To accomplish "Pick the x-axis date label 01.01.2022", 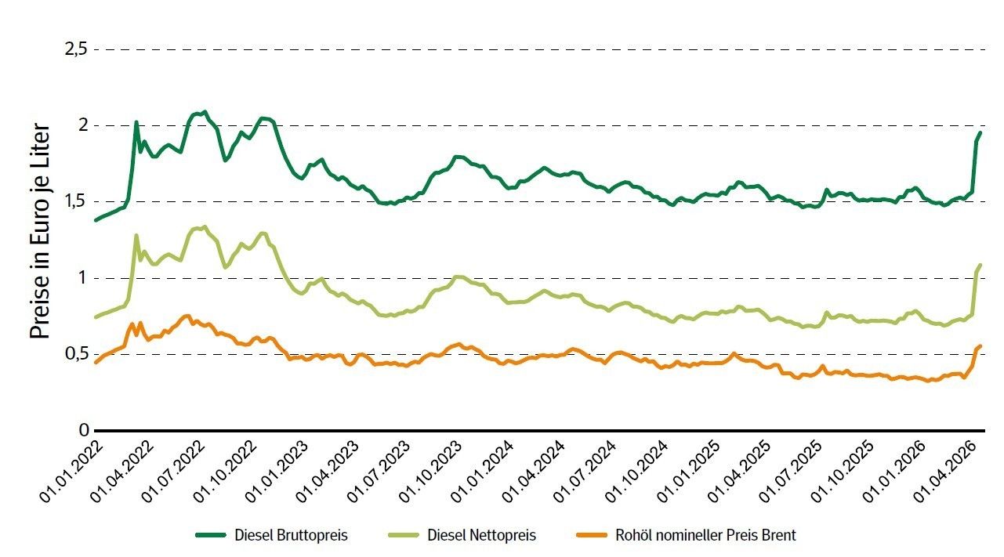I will tap(69, 471).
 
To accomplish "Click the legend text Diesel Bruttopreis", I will tap(291, 536).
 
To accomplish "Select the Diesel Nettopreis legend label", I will tap(482, 536).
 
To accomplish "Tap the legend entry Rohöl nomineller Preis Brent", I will tap(706, 536).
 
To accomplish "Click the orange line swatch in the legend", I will tap(593, 536).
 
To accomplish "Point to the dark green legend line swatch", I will tap(211, 536).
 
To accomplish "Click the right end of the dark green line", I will tap(980, 133).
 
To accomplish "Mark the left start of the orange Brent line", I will tap(96, 363).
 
